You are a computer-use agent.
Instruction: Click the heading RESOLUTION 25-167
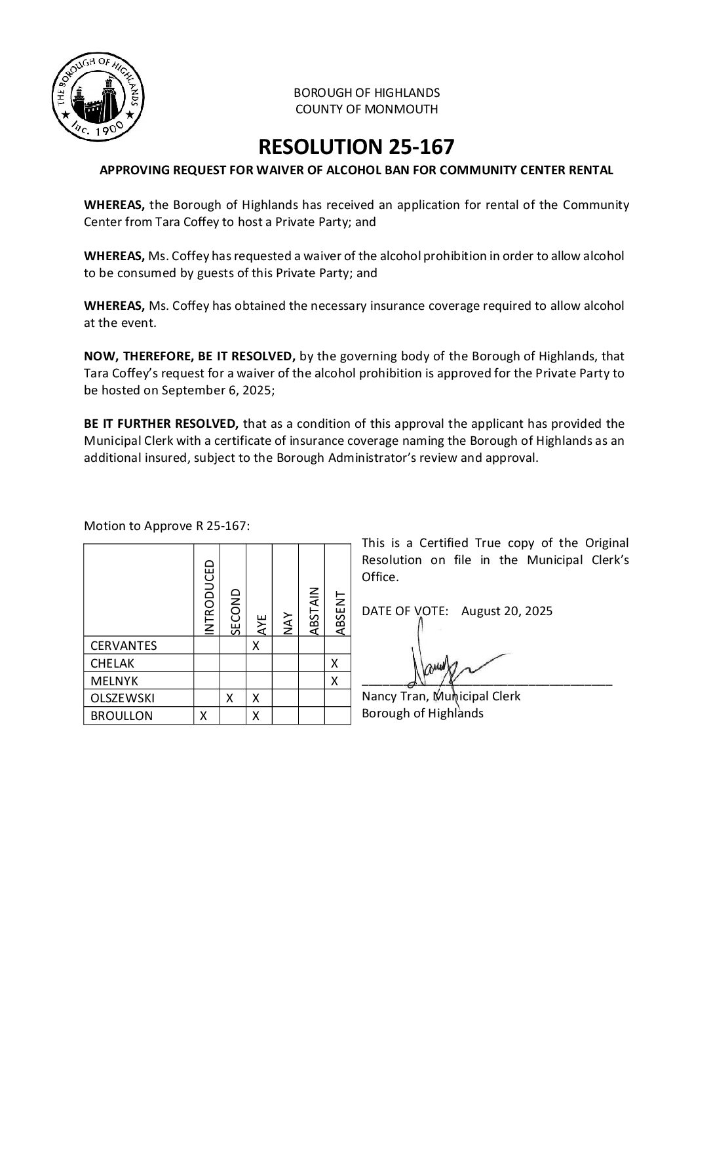pyautogui.click(x=356, y=146)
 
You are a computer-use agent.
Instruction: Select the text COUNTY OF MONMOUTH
pyautogui.click(x=366, y=109)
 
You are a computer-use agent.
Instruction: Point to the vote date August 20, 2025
pyautogui.click(x=507, y=611)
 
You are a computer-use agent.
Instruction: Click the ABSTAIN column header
pyautogui.click(x=313, y=611)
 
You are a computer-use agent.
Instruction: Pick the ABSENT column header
pyautogui.click(x=339, y=613)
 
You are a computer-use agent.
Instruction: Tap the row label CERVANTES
pyautogui.click(x=124, y=646)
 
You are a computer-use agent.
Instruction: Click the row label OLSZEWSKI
pyautogui.click(x=123, y=698)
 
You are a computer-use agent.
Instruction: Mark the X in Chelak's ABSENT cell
pyautogui.click(x=335, y=664)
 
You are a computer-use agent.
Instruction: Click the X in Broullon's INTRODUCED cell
pyautogui.click(x=204, y=716)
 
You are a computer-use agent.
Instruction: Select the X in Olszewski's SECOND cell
pyautogui.click(x=230, y=698)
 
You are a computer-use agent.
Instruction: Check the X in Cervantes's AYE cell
pyautogui.click(x=256, y=646)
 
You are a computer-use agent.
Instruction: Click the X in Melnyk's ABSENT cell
pyautogui.click(x=335, y=681)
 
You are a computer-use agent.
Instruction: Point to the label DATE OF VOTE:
pyautogui.click(x=405, y=611)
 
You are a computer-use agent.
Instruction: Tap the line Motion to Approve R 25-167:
pyautogui.click(x=166, y=526)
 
